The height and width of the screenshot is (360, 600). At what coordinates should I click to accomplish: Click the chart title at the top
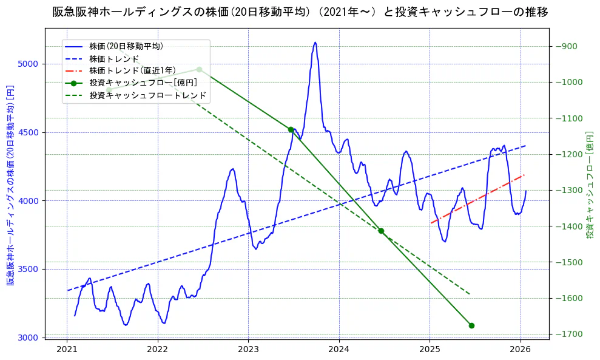(x=300, y=12)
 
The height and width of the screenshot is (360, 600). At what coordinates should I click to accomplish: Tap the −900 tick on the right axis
(x=565, y=46)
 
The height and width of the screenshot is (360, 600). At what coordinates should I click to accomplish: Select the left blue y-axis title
(x=10, y=185)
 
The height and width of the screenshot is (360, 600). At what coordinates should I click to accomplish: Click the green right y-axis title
(x=589, y=185)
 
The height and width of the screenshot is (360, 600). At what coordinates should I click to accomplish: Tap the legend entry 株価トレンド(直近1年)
(x=130, y=70)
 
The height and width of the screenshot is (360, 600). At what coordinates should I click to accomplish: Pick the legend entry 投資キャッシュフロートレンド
(x=148, y=95)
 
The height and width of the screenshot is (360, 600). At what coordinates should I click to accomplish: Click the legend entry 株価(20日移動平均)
(x=126, y=46)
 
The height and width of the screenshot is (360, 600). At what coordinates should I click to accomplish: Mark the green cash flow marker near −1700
(x=471, y=325)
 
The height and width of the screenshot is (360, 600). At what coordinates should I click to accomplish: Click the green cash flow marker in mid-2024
(x=381, y=231)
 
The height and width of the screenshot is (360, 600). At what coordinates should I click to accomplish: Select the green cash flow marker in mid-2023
(x=291, y=129)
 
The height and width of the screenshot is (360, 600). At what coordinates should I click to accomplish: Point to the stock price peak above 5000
(x=315, y=42)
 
